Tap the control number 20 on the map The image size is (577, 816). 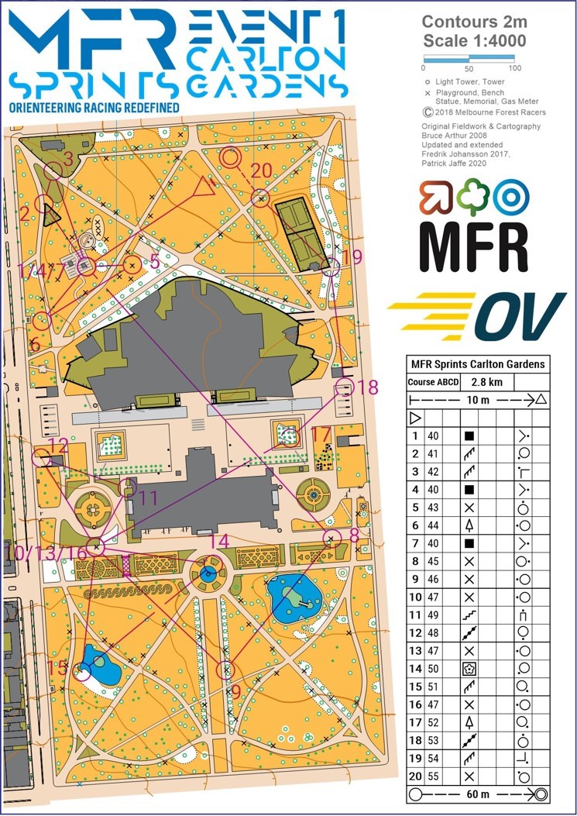(x=262, y=170)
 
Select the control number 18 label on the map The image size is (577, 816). (x=369, y=387)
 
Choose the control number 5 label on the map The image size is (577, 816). (x=155, y=262)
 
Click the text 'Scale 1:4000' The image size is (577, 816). (x=474, y=41)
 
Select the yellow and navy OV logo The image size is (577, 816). (x=477, y=315)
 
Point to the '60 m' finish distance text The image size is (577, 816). (x=474, y=794)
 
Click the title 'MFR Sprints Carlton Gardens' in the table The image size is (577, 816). (x=477, y=364)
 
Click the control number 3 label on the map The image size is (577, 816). (x=68, y=159)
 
